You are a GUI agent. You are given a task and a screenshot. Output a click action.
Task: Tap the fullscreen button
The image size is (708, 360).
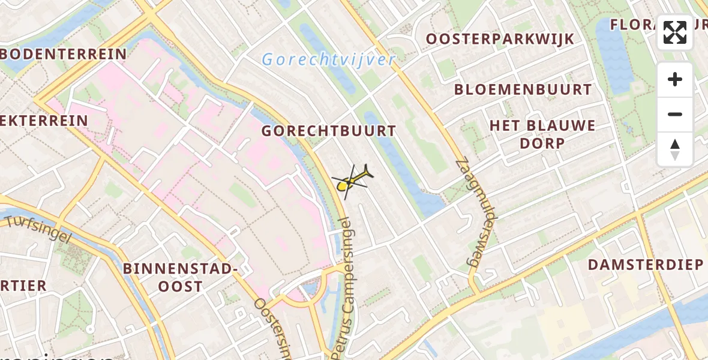[675, 32]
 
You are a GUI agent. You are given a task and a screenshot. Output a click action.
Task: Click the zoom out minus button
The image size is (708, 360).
[675, 114]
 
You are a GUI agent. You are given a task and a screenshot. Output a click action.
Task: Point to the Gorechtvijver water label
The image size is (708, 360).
[329, 59]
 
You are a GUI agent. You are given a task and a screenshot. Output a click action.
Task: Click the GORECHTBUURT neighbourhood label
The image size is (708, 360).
[329, 131]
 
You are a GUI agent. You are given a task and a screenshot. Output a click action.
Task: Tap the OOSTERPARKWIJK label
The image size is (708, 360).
[500, 39]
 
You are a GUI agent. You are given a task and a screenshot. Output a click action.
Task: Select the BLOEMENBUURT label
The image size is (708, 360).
[523, 90]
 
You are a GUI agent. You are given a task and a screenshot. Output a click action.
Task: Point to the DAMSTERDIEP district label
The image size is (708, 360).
[645, 265]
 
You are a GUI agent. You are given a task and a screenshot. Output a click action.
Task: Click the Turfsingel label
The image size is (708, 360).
[38, 229]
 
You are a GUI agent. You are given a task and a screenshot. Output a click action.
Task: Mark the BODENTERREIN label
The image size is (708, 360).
[64, 55]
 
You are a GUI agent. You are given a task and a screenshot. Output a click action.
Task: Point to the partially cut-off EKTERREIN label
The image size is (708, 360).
[44, 120]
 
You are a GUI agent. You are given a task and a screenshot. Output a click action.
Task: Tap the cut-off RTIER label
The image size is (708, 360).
[23, 286]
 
